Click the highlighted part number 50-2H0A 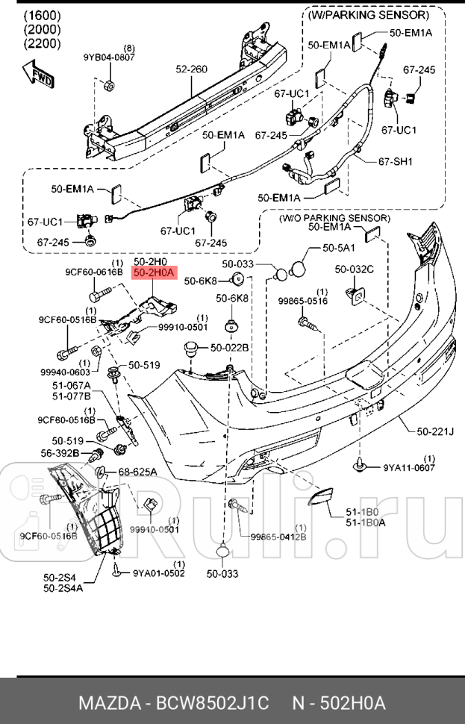pos(153,273)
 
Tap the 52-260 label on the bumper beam pos(191,69)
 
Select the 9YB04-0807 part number pos(109,57)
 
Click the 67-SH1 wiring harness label pos(396,161)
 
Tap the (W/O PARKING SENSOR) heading pos(334,218)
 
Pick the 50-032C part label pos(354,269)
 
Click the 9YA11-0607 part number pos(409,468)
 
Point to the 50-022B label pos(229,347)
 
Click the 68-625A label pos(137,472)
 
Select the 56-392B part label pos(60,453)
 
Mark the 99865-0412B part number pos(278,536)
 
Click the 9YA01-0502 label pos(159,573)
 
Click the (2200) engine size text pos(43,43)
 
